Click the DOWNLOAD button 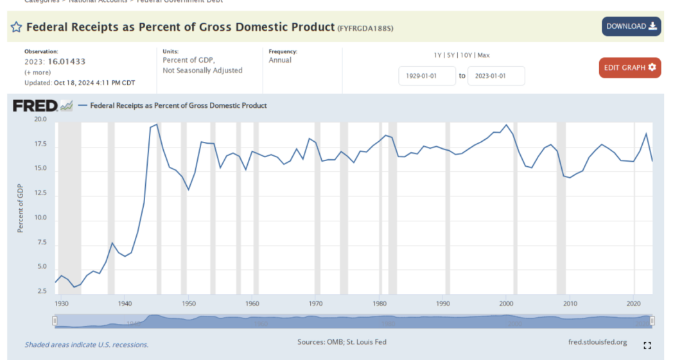tap(631, 26)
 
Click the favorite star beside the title tap(16, 27)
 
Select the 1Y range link tap(439, 55)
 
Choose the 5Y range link tap(452, 55)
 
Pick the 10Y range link tap(467, 55)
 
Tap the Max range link tap(484, 55)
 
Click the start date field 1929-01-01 tap(427, 76)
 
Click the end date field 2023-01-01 tap(496, 76)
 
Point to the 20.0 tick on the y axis tap(40, 119)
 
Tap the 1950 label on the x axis tap(188, 303)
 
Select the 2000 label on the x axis tap(507, 303)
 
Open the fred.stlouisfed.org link tap(597, 342)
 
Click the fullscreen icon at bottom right tap(647, 345)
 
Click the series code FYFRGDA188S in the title tap(365, 28)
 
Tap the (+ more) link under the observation tap(37, 73)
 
